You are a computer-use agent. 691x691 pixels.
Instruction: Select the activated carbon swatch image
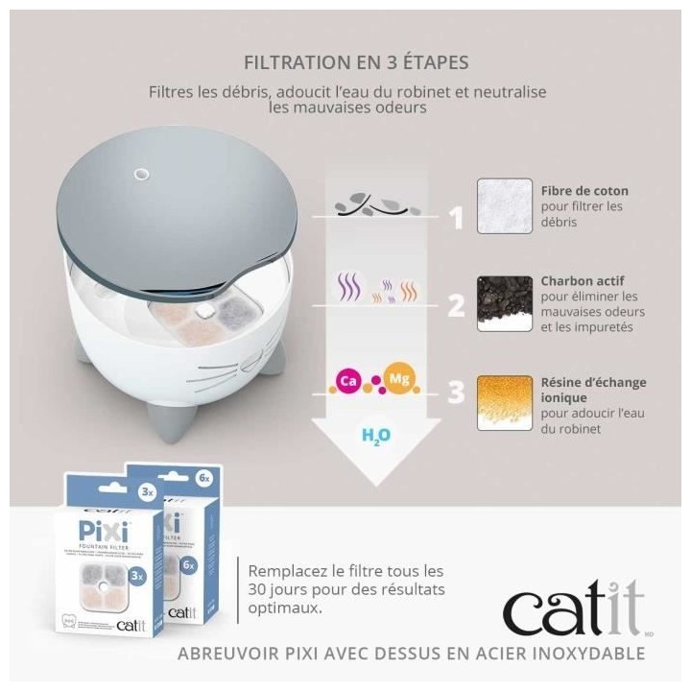(503, 304)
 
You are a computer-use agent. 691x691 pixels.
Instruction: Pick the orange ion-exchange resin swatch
(503, 401)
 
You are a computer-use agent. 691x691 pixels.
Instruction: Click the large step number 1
(456, 218)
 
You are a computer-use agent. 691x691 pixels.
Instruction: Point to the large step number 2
(456, 305)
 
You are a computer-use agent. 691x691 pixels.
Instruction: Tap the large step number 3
(456, 393)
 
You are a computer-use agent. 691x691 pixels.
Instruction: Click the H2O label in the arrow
(372, 436)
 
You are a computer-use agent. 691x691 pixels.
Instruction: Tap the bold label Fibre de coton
(584, 190)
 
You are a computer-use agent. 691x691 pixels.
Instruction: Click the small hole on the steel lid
(141, 175)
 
